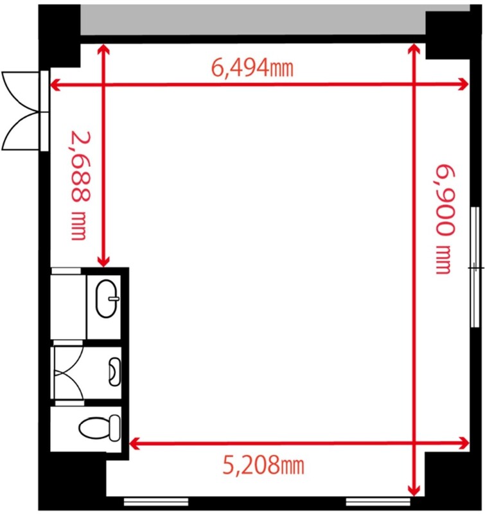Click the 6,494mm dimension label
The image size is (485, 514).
tap(252, 68)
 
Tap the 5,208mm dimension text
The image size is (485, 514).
tap(263, 465)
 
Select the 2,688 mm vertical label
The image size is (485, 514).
tap(80, 185)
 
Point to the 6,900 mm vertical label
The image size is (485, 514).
tap(445, 219)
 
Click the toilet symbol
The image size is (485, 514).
tap(100, 427)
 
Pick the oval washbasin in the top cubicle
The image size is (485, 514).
tap(107, 298)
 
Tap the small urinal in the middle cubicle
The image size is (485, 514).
tap(114, 372)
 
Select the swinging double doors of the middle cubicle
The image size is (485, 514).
tap(68, 373)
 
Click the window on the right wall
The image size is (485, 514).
tap(475, 267)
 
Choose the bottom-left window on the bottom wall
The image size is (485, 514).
tap(156, 502)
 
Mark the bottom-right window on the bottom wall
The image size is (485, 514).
tap(378, 502)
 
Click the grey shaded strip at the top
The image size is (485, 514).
tap(253, 20)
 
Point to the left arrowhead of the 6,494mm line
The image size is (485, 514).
tap(56, 85)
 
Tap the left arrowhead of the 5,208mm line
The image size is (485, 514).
tap(135, 443)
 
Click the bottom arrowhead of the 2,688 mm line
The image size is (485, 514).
tap(103, 261)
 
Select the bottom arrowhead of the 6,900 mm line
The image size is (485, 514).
tap(414, 490)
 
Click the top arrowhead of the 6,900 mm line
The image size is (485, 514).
tap(414, 49)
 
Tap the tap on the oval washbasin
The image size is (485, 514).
tap(114, 299)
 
